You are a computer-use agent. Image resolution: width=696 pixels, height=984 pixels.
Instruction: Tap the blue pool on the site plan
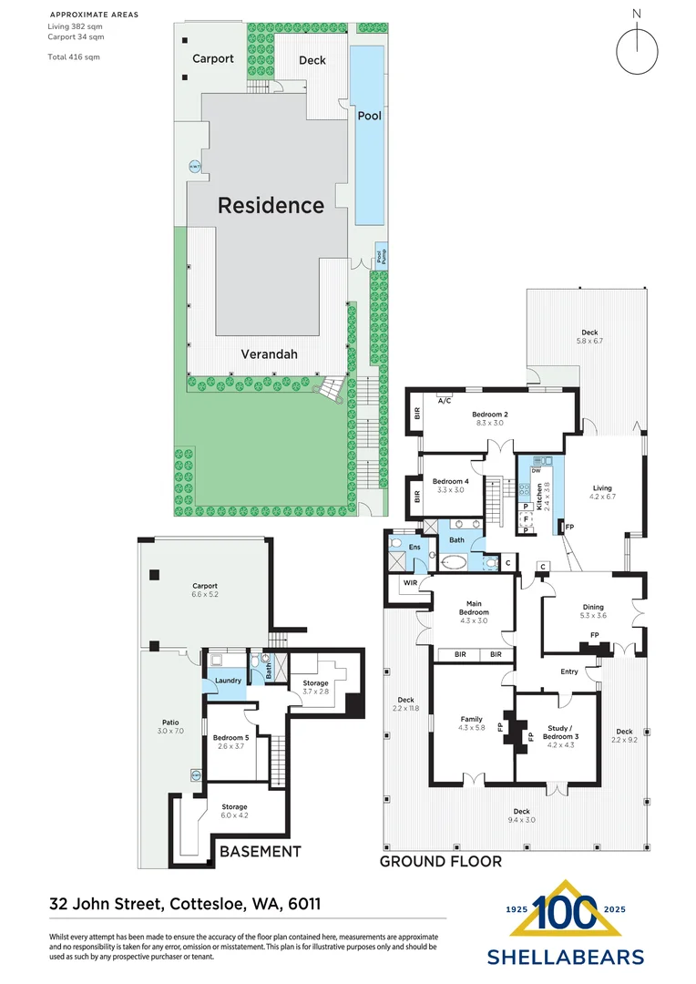coord(368,137)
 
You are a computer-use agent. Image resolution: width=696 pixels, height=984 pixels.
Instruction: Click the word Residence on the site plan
coord(271,206)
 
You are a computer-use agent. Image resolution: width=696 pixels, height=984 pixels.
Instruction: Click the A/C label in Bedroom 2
coord(445,401)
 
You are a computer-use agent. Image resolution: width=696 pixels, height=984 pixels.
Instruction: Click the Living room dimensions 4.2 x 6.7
coord(603,497)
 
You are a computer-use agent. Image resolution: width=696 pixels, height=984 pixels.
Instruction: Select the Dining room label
coord(593,607)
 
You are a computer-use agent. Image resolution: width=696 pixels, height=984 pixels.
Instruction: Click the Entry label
coord(569,672)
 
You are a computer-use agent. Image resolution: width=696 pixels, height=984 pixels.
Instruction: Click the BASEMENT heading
coord(260,852)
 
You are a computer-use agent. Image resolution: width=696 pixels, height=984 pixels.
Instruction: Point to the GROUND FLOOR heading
coord(440,861)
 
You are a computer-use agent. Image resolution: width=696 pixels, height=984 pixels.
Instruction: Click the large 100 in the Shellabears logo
coord(565,912)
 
